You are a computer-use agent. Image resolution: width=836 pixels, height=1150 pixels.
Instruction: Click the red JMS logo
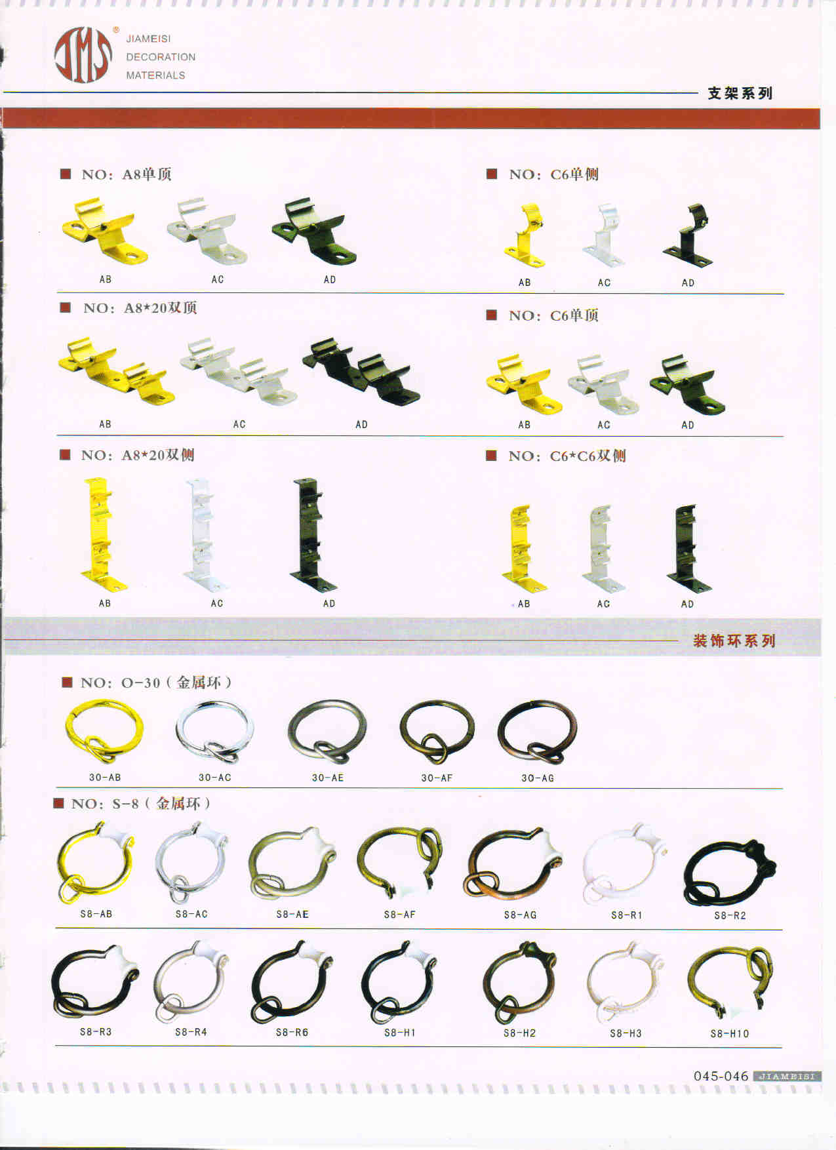[83, 55]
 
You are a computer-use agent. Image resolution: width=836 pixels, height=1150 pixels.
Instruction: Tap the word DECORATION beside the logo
[161, 57]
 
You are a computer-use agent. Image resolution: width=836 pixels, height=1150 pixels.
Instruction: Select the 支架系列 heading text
[740, 93]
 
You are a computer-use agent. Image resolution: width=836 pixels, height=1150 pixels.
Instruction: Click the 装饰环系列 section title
[734, 641]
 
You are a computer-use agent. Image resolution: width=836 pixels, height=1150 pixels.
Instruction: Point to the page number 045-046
[721, 1076]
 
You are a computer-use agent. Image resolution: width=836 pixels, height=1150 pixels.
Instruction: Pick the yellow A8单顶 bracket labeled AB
[105, 231]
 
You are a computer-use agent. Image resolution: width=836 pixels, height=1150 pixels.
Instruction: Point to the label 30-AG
[538, 778]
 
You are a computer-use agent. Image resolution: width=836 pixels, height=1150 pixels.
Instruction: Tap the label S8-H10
[730, 1034]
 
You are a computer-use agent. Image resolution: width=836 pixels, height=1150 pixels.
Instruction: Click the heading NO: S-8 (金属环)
[140, 804]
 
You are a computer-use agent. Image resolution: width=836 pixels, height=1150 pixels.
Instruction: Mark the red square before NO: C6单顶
[491, 315]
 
